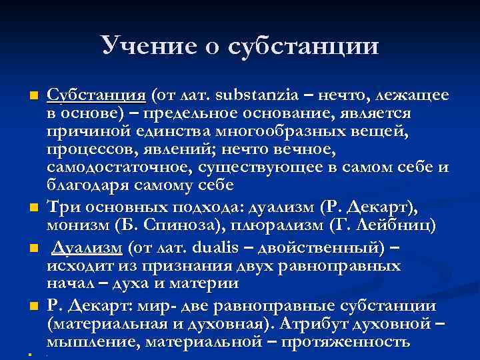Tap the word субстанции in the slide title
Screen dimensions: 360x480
303,45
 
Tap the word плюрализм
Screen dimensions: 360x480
254,226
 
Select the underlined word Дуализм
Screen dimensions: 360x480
87,248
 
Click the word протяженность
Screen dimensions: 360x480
346,343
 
